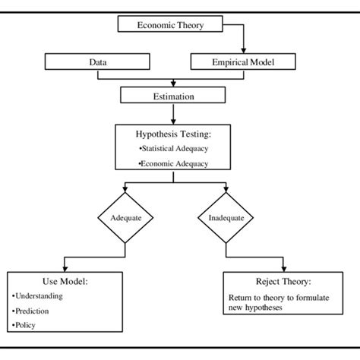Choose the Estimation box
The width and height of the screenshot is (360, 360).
tap(175, 96)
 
